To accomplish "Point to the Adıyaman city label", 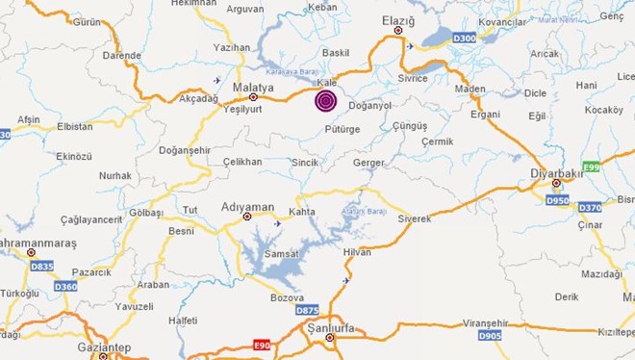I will (246, 206).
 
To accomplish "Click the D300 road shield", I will (465, 39).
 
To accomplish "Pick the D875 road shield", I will (307, 310).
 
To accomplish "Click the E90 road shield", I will (262, 344).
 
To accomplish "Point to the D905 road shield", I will (490, 336).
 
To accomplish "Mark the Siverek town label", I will (415, 219).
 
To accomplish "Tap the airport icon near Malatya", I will (217, 80).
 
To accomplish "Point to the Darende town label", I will (121, 56).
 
